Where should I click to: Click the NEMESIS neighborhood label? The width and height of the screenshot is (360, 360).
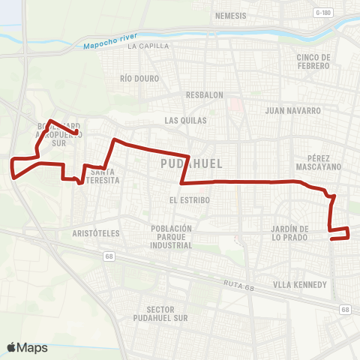coord(230,15)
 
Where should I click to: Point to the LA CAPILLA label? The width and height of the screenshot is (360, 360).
coord(145,46)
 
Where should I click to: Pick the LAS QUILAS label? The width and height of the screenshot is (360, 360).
coord(184,119)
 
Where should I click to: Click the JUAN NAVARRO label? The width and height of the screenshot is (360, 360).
coord(293,110)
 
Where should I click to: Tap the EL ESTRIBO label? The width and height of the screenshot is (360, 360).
coord(190,200)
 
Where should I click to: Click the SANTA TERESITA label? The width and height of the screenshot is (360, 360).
coord(102,175)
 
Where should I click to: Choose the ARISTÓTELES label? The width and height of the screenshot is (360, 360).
coord(96,233)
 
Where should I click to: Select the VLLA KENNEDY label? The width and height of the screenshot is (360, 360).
coord(300,284)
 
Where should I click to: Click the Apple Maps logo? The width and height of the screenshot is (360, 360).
coord(27,347)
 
